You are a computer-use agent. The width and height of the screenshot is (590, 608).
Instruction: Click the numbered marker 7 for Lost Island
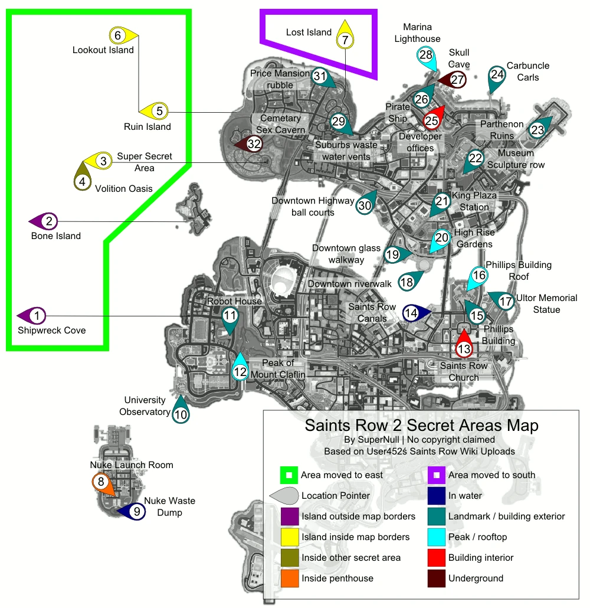click(x=345, y=35)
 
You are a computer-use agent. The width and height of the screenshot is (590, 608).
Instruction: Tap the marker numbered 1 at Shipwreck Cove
click(x=32, y=316)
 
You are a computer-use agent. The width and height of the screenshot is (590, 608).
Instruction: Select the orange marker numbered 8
click(x=103, y=484)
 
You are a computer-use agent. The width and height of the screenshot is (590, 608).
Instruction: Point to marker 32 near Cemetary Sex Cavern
click(x=249, y=144)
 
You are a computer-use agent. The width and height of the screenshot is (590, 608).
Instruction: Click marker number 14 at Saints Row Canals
click(x=416, y=313)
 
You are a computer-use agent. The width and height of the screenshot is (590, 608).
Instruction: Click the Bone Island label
click(x=56, y=236)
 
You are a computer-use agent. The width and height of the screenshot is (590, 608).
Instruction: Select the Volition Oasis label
click(x=124, y=188)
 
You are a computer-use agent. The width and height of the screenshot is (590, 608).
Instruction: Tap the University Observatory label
click(x=145, y=406)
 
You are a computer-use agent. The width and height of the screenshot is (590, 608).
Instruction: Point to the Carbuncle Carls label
click(x=527, y=71)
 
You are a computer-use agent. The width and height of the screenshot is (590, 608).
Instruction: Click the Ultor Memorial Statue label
click(x=546, y=303)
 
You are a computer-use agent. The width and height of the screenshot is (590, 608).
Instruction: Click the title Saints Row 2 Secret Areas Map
click(x=421, y=426)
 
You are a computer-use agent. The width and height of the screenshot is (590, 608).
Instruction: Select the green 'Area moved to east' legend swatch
click(x=289, y=475)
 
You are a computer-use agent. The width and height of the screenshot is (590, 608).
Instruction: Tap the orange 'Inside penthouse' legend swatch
click(x=290, y=578)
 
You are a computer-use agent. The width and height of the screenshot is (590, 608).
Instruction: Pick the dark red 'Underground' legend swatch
click(x=436, y=578)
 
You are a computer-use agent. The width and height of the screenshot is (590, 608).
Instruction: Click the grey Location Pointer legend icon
click(x=284, y=496)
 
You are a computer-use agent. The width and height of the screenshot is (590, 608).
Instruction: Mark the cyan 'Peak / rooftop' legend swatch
click(x=436, y=537)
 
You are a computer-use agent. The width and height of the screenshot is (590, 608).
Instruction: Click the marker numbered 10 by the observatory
click(x=181, y=411)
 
